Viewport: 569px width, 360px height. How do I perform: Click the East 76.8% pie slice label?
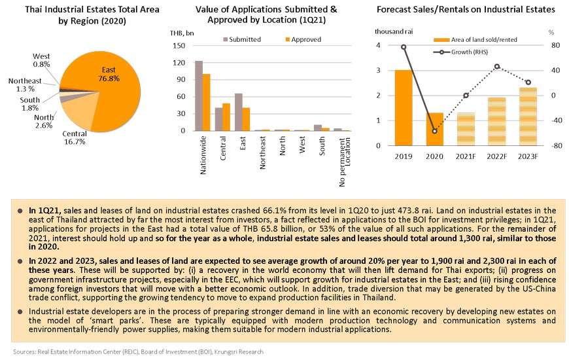[x=109, y=74]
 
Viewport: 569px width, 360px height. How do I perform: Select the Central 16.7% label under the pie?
[x=75, y=137]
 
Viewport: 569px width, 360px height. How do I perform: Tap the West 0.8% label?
[x=41, y=60]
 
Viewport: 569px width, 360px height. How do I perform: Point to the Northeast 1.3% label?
[x=25, y=84]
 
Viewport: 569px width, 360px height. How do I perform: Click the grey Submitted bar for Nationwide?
[x=199, y=96]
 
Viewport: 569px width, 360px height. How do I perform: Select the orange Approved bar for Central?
[x=226, y=117]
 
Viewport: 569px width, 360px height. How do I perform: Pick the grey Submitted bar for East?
[x=239, y=112]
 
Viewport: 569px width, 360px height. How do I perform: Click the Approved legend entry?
[x=303, y=39]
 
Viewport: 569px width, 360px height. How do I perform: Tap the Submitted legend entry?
[x=242, y=39]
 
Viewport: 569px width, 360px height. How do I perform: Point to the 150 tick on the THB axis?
[x=179, y=46]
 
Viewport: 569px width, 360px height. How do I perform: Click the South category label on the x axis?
[x=322, y=147]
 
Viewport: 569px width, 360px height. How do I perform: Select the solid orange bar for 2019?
[x=404, y=107]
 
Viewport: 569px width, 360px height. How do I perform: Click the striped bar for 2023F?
[x=528, y=117]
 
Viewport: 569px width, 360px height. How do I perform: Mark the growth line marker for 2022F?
[x=497, y=67]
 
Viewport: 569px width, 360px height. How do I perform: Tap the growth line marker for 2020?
[x=435, y=131]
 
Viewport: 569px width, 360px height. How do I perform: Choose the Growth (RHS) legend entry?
[x=461, y=52]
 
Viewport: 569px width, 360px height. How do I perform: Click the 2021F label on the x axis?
[x=466, y=156]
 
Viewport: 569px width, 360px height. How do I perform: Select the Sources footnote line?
[x=138, y=351]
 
